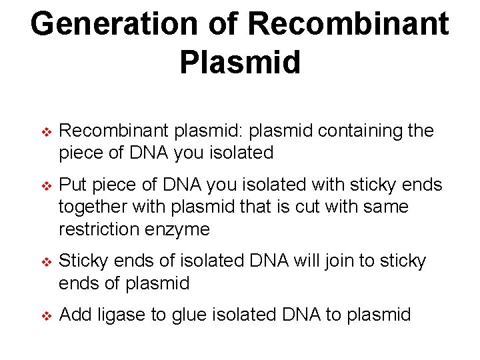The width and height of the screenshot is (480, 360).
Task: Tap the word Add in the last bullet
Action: [x=75, y=314]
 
